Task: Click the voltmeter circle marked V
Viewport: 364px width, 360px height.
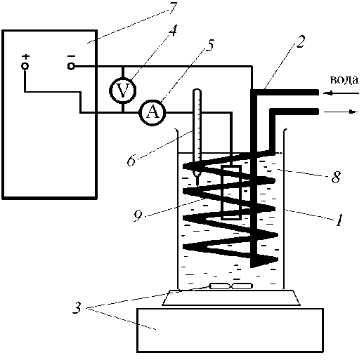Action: tap(123, 91)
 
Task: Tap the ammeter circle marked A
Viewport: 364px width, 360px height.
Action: tap(152, 112)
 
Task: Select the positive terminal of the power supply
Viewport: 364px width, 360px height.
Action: tap(25, 66)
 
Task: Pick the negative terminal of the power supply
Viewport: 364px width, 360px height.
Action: tap(71, 66)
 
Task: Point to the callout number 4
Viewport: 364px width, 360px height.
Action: tap(173, 30)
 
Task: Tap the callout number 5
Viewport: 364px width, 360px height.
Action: tap(209, 46)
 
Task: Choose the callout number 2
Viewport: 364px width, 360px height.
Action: tap(300, 42)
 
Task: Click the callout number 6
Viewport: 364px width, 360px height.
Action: tap(131, 161)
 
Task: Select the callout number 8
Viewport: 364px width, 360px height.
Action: tap(336, 177)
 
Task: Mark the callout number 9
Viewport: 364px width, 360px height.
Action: tap(138, 215)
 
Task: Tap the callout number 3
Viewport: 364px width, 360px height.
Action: tap(77, 307)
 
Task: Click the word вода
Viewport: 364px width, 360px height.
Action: tap(344, 80)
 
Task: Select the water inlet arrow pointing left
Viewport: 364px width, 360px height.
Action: tap(341, 93)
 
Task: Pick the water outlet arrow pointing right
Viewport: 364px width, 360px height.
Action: tap(341, 112)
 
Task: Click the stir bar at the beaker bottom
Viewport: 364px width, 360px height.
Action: tap(231, 286)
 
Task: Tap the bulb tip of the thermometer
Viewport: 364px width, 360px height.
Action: tap(197, 174)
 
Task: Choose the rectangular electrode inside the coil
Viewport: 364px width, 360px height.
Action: tap(231, 192)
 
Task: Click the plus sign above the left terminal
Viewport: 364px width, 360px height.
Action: tap(26, 57)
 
